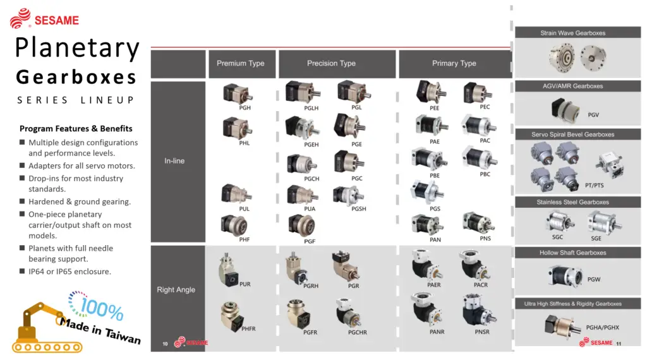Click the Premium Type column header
coord(241,63)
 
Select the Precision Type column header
coord(331,63)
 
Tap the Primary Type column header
coord(454,63)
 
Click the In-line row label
coord(174,161)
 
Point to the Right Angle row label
coord(176,289)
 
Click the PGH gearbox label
coord(245,107)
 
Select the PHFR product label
coord(248,328)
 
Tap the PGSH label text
coord(359,208)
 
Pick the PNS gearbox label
coord(485,238)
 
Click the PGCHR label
coord(358,332)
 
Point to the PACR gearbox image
coord(474,265)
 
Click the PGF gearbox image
coord(301,225)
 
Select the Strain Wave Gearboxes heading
coord(572,33)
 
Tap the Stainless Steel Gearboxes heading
coord(572,202)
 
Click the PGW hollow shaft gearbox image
coord(565,275)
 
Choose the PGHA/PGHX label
coord(602,327)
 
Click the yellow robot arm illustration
coord(41,328)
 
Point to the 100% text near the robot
coord(102,309)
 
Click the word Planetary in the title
coord(77,48)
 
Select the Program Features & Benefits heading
coord(76,129)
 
